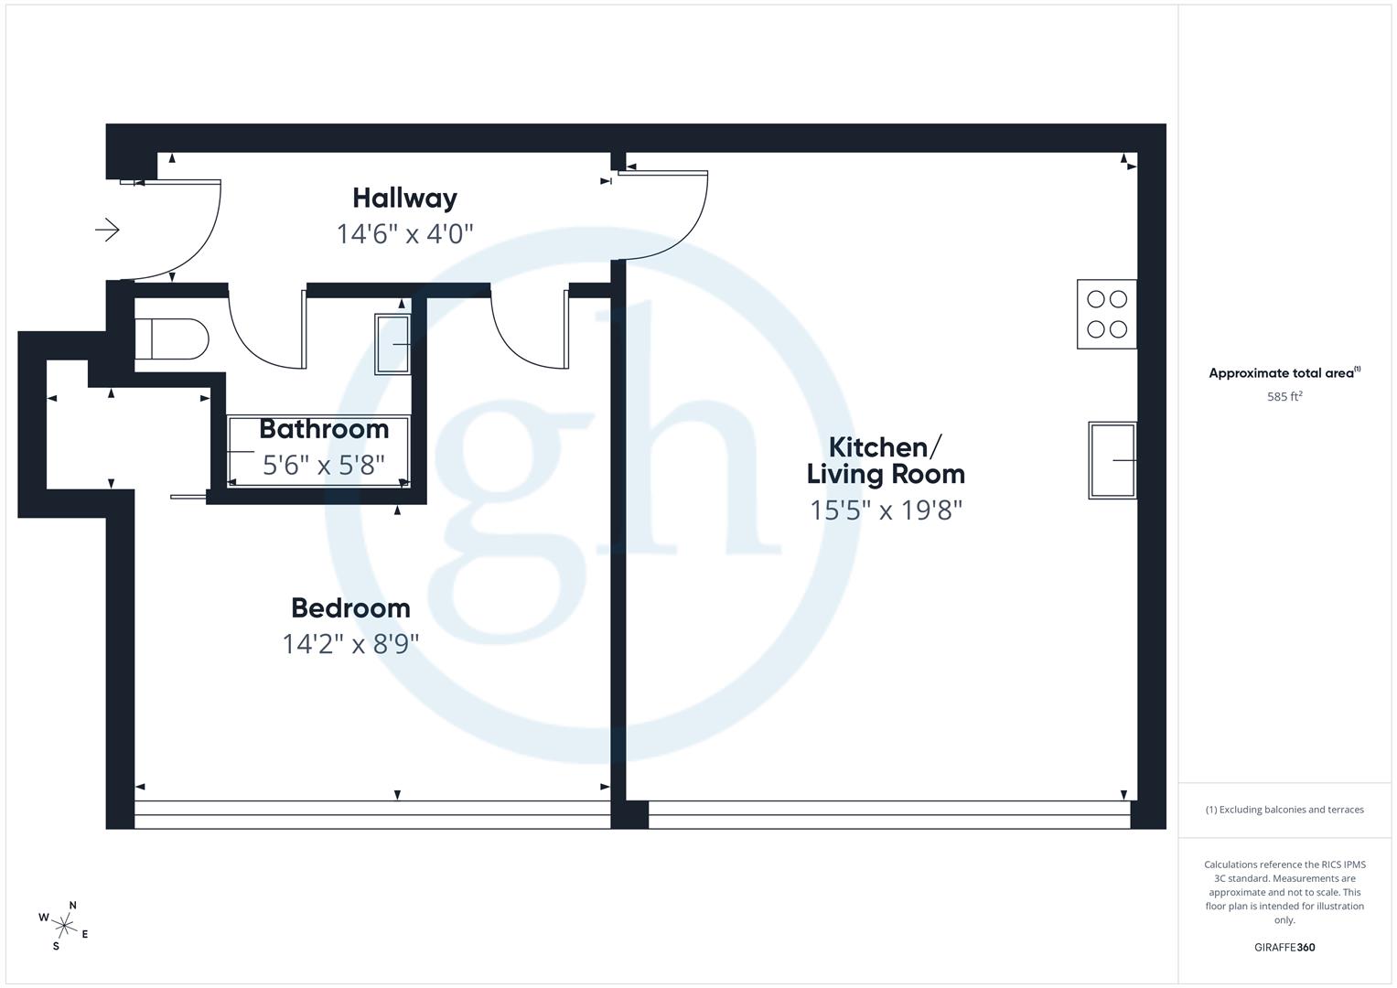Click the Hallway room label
tap(404, 198)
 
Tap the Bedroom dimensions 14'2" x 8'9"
tap(350, 644)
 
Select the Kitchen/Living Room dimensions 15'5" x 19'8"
tap(886, 510)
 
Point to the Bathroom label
tap(324, 428)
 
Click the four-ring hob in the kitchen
tap(1107, 314)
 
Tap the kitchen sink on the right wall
tap(1112, 460)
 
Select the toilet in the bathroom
tap(171, 339)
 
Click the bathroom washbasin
tap(392, 344)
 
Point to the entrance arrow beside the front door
tap(107, 230)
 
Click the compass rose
tap(64, 925)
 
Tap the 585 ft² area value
tap(1284, 396)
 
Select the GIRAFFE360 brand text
tap(1284, 947)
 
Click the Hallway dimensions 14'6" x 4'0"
tap(404, 234)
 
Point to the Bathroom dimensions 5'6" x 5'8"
tap(324, 466)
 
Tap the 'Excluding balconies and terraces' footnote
tap(1284, 810)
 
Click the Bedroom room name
tap(350, 607)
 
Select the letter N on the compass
tap(73, 906)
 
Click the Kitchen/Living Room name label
tap(885, 460)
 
